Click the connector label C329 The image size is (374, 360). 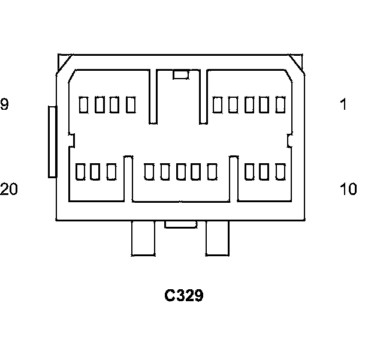point(184,295)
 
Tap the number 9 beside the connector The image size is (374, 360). point(4,104)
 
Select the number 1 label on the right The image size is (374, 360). point(343,104)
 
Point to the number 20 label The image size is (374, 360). point(8,189)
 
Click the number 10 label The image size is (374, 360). point(348,189)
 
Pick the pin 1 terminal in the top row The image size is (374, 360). point(280,105)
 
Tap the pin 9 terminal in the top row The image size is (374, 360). point(84,105)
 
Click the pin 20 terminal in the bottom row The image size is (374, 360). point(80,172)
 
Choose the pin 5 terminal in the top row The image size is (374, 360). point(217,105)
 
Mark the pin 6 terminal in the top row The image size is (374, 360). point(131,105)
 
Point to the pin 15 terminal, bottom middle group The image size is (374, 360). point(180,172)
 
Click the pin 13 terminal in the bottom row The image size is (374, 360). point(211,172)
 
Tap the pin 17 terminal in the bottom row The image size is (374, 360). point(149,172)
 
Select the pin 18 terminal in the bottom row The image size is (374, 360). point(111,172)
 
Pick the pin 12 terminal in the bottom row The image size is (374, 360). point(249,172)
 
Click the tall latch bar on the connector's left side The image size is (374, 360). point(53,142)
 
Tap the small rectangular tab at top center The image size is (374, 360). point(180,75)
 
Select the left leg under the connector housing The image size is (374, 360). point(143,238)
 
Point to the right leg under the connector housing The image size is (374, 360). point(218,238)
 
